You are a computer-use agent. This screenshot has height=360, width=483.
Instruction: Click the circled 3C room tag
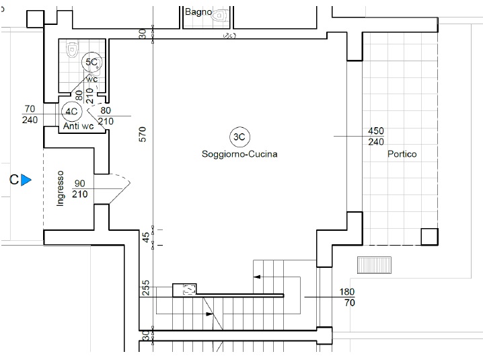click(x=239, y=137)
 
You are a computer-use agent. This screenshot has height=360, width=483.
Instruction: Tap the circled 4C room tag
click(x=72, y=112)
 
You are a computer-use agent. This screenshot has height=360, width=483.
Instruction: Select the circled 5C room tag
click(x=91, y=63)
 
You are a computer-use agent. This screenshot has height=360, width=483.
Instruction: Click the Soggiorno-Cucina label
click(x=239, y=154)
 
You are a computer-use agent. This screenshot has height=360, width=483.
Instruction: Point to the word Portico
click(x=402, y=154)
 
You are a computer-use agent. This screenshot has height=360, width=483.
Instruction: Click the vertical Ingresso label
click(x=61, y=188)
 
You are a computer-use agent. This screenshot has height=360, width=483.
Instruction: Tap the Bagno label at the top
click(x=198, y=12)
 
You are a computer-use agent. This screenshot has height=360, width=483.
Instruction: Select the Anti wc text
click(x=78, y=126)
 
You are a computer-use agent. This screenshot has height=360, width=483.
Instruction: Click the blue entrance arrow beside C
click(x=26, y=180)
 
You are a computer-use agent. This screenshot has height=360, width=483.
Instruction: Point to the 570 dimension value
click(x=143, y=135)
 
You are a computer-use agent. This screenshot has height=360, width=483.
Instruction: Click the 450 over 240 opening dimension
click(x=376, y=136)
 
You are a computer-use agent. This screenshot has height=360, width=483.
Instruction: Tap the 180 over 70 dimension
click(x=347, y=297)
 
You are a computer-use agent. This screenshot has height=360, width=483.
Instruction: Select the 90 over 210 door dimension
click(x=80, y=188)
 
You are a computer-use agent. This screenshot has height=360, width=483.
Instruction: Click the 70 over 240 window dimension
click(x=30, y=114)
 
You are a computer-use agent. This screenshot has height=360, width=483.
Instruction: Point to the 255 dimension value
click(x=146, y=287)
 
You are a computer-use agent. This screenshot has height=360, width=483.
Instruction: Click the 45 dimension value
click(x=146, y=238)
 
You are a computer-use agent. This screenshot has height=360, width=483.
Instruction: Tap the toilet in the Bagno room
click(x=220, y=15)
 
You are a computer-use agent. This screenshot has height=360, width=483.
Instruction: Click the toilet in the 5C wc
click(x=72, y=50)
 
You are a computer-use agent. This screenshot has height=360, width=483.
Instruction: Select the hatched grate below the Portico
click(x=374, y=265)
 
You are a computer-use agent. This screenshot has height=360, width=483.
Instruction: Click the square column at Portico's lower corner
click(x=429, y=237)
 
